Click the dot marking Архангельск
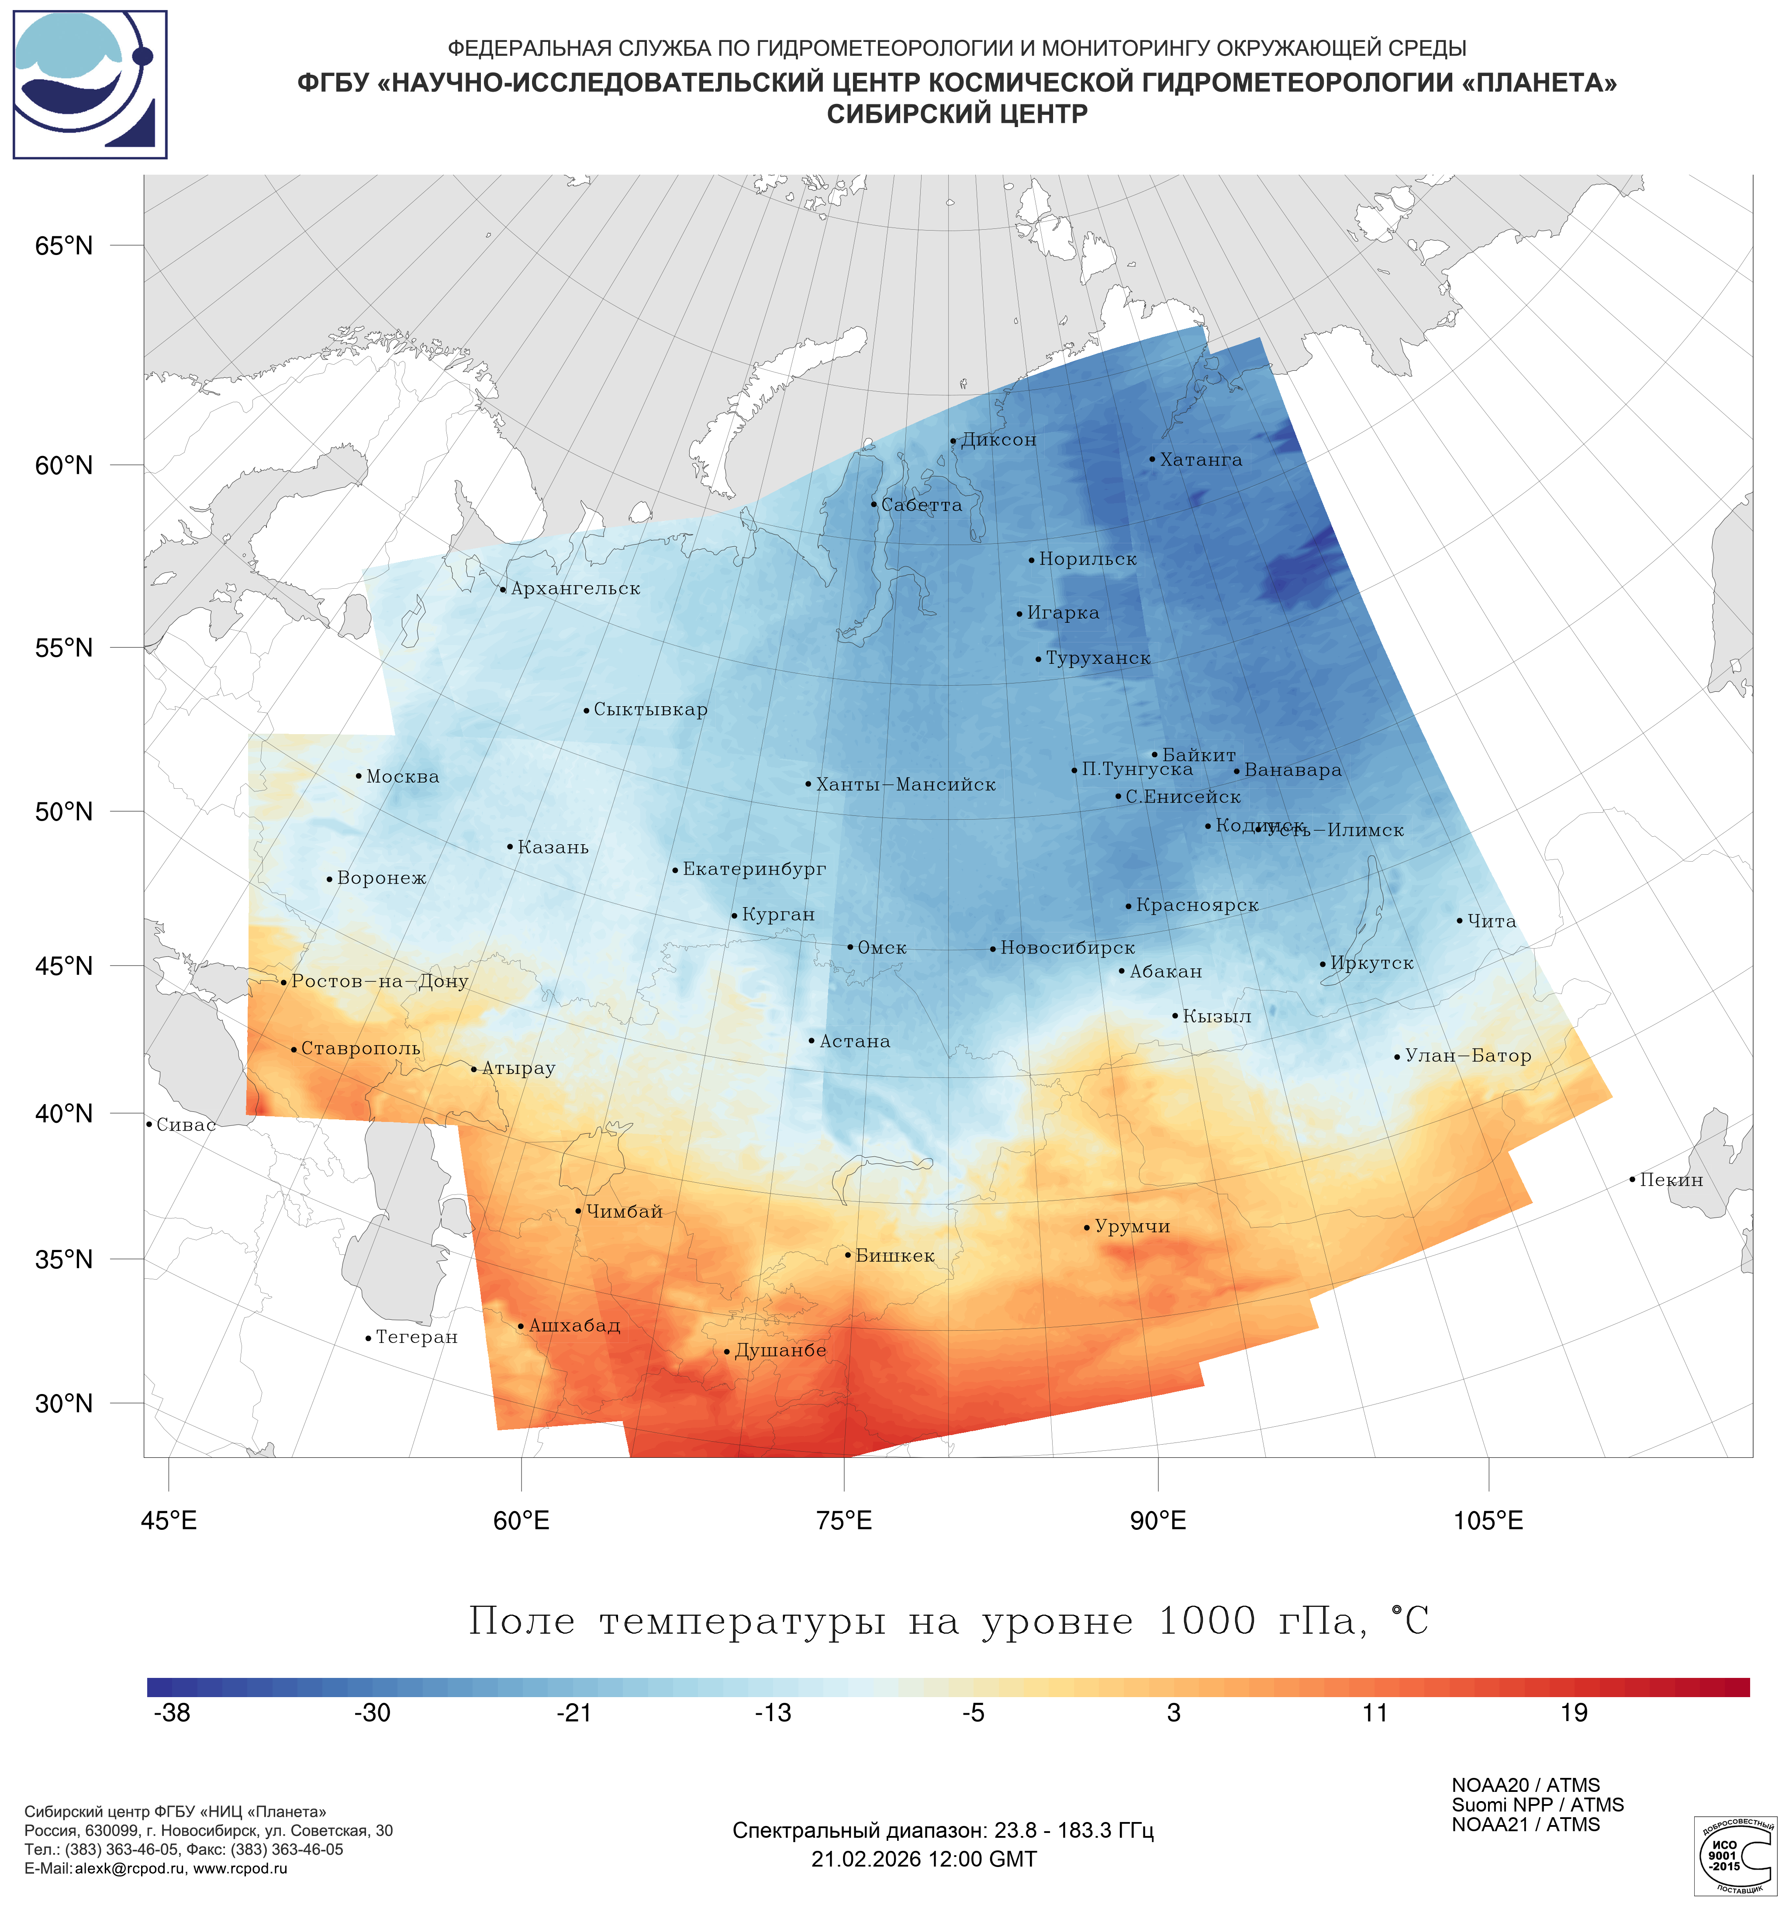(503, 589)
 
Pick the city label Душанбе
(780, 1350)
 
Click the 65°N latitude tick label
(64, 246)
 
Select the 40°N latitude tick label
(64, 1114)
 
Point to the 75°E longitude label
(844, 1521)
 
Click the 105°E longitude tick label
(1488, 1521)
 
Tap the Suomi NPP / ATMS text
(1537, 1805)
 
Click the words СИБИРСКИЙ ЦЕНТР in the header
(957, 114)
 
